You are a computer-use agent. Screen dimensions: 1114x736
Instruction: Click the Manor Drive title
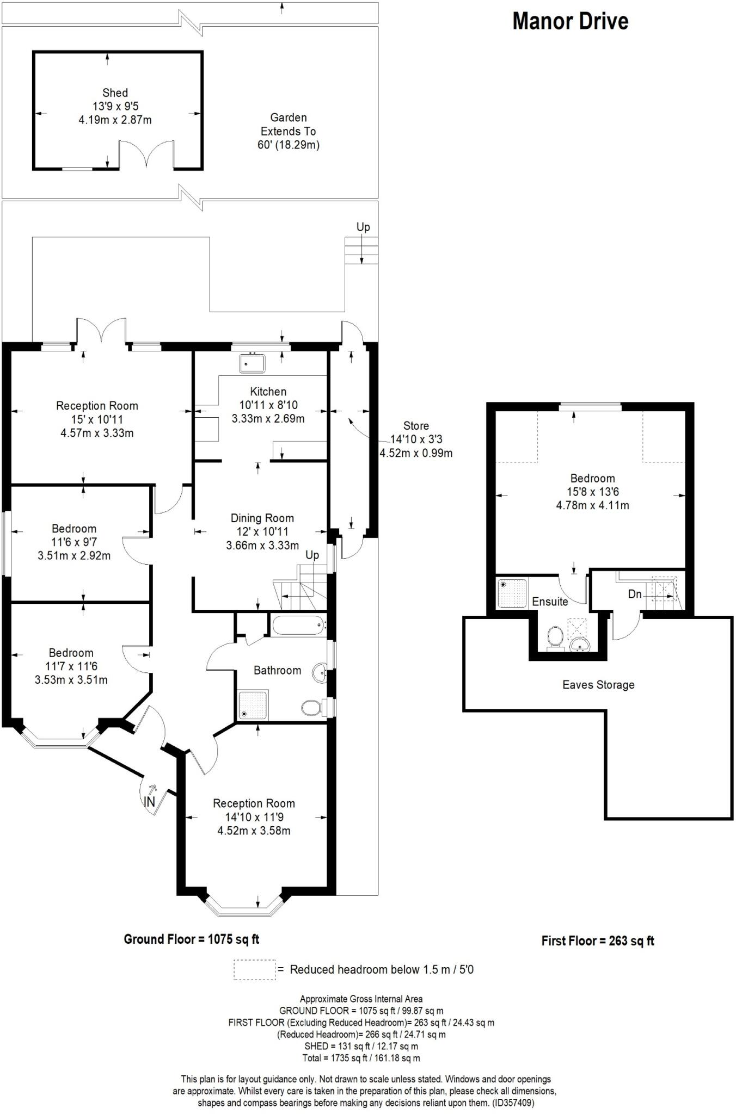click(570, 21)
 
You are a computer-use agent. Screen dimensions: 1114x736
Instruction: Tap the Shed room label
click(115, 93)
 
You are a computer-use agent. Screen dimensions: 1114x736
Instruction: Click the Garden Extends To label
click(288, 131)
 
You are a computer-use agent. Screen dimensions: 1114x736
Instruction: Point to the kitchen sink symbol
click(252, 363)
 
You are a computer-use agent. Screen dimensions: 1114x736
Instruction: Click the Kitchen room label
click(268, 392)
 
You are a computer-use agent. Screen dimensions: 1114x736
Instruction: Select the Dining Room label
click(262, 518)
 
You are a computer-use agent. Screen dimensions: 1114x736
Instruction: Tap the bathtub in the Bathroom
click(297, 625)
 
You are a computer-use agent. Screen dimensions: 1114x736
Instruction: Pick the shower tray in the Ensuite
click(512, 593)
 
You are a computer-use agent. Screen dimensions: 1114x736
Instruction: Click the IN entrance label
click(149, 802)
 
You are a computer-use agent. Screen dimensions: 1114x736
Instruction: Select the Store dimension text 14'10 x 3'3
click(416, 440)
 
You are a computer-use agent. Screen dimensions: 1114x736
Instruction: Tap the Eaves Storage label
click(598, 685)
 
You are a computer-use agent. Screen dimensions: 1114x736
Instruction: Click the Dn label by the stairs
click(635, 594)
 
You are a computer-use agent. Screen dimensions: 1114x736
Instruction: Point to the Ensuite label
click(550, 602)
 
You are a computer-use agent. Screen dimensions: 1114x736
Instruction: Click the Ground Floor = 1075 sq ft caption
click(192, 939)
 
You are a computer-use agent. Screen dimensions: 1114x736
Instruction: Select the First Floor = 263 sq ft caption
click(597, 941)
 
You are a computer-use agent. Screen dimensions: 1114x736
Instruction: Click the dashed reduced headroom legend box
click(255, 970)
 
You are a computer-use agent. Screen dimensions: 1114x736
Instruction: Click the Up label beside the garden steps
click(363, 227)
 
